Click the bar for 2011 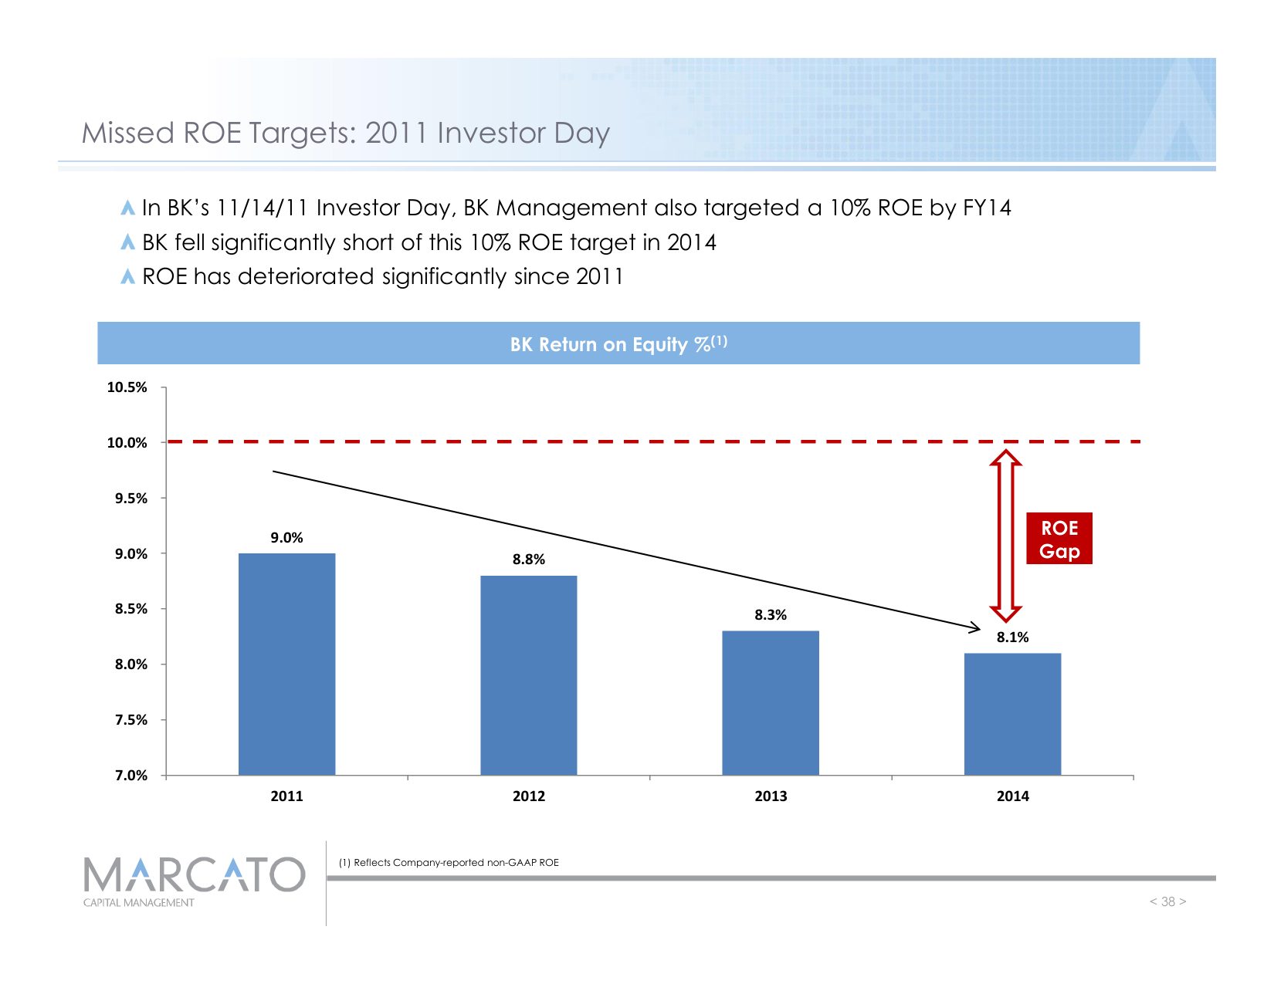click(286, 664)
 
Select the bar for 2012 click(528, 675)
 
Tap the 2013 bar click(770, 702)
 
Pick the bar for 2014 click(1012, 714)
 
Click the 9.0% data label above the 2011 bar click(286, 538)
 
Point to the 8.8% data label click(529, 560)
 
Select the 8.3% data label click(771, 615)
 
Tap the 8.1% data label click(1012, 637)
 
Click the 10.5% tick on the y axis click(127, 387)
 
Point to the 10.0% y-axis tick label click(127, 443)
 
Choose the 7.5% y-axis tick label click(131, 720)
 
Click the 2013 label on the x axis click(771, 796)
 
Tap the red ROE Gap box click(1059, 539)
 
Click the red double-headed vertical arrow click(1005, 536)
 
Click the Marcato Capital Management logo click(194, 881)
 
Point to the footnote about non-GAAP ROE click(449, 863)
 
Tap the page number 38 click(1167, 901)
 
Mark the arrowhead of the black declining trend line click(974, 628)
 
